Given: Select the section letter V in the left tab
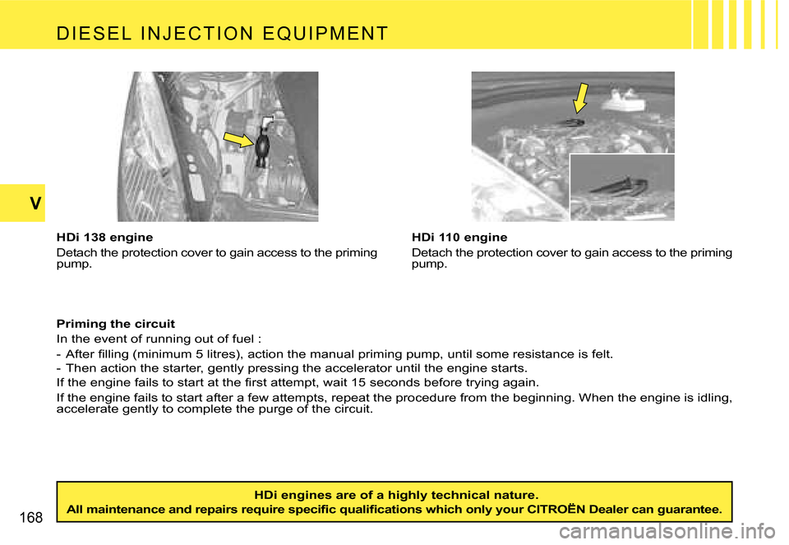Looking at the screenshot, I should point(21,204).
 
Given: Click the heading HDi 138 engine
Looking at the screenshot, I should point(104,238).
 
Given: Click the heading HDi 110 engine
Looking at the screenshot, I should point(459,238).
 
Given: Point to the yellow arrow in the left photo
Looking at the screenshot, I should point(239,141).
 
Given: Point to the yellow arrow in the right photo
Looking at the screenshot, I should point(581,97).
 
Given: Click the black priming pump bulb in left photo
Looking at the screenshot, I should point(263,147).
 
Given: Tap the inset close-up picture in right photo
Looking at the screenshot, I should point(622,187).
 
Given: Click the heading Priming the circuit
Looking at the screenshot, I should point(115,324).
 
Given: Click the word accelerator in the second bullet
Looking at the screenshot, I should point(371,368).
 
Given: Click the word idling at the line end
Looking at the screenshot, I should point(709,398).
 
